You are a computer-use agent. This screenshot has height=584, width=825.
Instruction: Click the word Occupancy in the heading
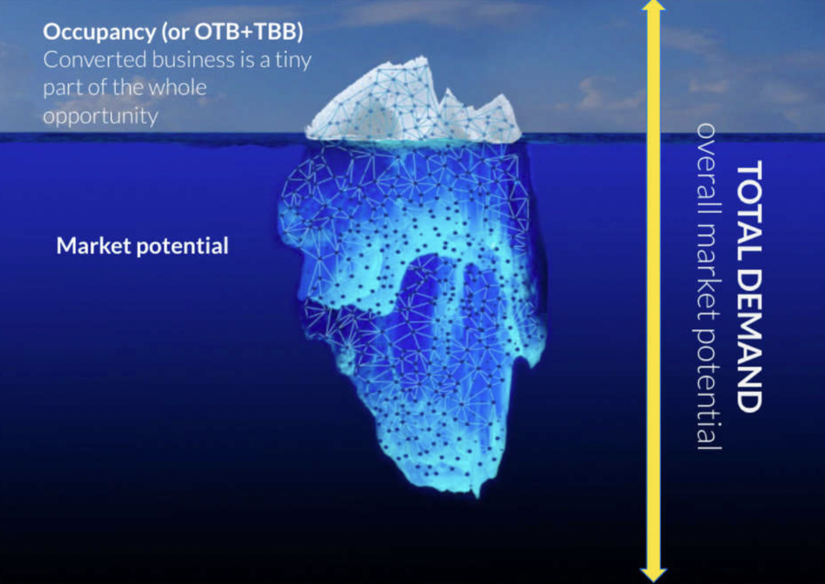(x=99, y=33)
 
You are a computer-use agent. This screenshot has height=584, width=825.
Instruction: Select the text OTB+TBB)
(x=249, y=33)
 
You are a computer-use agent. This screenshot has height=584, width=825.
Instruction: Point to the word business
(x=193, y=60)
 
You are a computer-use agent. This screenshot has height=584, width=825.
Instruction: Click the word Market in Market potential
(x=94, y=245)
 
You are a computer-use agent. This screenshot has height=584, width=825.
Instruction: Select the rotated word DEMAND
(x=749, y=327)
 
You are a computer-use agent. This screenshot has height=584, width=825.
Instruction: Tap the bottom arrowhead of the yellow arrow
(x=653, y=577)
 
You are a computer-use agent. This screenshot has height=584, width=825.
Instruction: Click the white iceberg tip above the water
(x=412, y=107)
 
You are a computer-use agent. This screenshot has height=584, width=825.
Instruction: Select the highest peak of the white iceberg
(x=424, y=57)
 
